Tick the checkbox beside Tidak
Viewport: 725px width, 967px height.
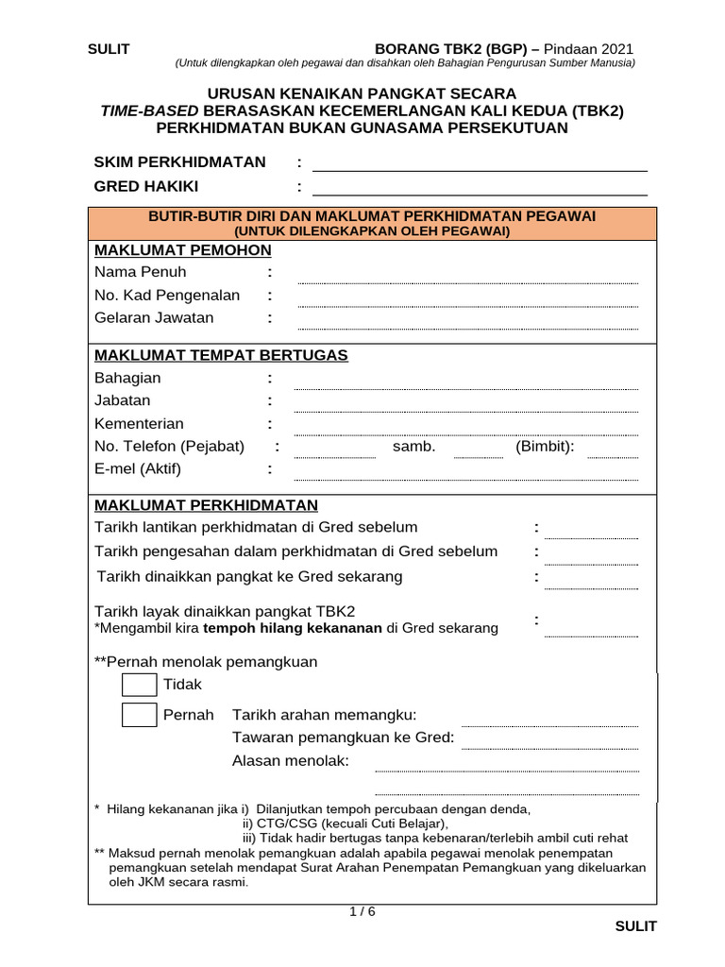[139, 685]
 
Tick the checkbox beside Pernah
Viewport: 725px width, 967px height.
[139, 715]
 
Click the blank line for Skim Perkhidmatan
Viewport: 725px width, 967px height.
[480, 163]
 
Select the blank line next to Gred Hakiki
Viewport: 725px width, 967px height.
[480, 187]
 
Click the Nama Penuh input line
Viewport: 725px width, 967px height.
[467, 277]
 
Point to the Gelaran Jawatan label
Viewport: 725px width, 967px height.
[154, 318]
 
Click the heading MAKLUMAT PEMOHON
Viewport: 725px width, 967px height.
[182, 250]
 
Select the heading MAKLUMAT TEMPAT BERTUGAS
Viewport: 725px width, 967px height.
[221, 355]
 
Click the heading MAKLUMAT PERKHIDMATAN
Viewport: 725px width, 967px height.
[206, 505]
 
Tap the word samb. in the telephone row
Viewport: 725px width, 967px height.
[414, 447]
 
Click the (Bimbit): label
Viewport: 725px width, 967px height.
[545, 447]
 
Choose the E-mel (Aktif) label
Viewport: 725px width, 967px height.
[138, 469]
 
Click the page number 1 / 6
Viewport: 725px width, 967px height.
[362, 912]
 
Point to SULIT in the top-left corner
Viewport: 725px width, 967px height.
[109, 50]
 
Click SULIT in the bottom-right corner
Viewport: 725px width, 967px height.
[635, 926]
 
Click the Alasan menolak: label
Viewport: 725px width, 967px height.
[290, 761]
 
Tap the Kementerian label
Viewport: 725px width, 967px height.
[139, 424]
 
